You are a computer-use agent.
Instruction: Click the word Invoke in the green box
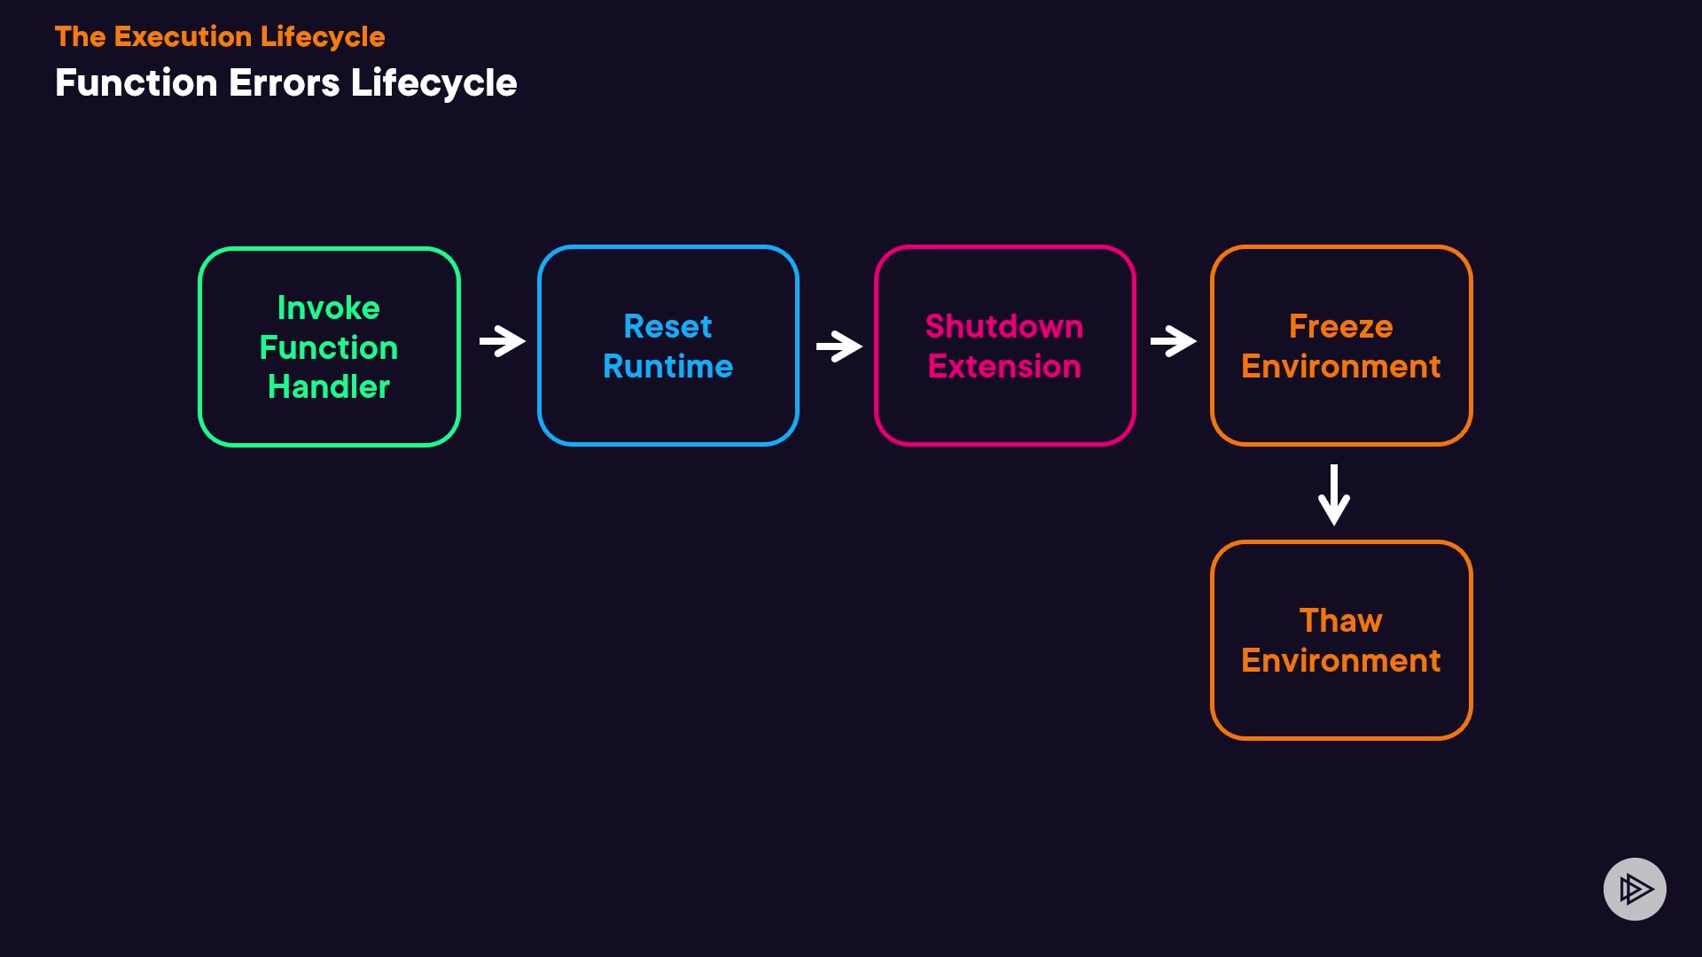click(328, 308)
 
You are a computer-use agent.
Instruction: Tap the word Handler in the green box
click(328, 387)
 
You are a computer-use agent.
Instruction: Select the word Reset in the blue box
click(668, 327)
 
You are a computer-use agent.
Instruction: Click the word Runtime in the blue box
click(668, 367)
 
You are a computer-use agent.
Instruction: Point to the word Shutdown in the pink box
click(1003, 327)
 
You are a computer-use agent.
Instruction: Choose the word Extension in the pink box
click(1003, 367)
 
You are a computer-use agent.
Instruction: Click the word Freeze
click(1340, 327)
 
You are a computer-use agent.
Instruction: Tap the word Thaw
click(1340, 621)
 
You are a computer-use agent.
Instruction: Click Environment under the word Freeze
click(1340, 367)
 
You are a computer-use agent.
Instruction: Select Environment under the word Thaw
click(1340, 661)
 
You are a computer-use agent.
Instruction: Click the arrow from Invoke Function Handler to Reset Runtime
click(502, 341)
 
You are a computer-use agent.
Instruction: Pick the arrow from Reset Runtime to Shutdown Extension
click(839, 346)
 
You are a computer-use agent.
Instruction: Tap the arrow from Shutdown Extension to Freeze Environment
click(1173, 341)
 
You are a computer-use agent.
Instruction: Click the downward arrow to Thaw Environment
click(1334, 494)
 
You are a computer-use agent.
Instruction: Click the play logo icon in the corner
click(1635, 889)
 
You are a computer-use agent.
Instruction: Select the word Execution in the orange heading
click(183, 37)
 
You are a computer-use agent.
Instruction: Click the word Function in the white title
click(136, 83)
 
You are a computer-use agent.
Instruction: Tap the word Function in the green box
click(328, 348)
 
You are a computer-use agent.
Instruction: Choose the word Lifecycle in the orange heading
click(323, 37)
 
